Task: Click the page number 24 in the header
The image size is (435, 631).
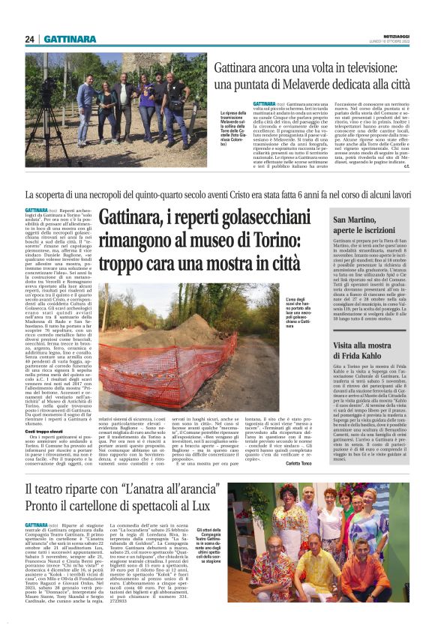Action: (30, 39)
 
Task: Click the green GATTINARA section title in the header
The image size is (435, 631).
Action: (69, 39)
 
